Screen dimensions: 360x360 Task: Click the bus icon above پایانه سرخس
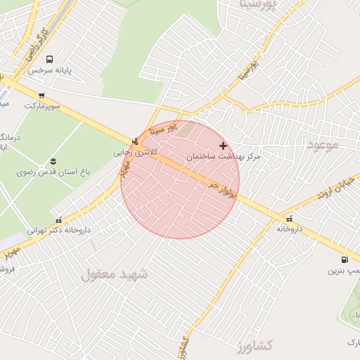49,60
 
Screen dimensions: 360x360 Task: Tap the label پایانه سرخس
51,71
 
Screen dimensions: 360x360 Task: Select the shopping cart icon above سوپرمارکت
42,95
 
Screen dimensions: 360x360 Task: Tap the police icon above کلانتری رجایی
135,141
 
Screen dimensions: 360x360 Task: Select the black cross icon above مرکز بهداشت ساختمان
224,146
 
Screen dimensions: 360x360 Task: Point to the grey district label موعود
323,144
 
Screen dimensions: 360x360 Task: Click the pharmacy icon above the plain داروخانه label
290,218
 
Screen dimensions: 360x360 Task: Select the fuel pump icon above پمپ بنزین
343,259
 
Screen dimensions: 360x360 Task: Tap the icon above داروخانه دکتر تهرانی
58,219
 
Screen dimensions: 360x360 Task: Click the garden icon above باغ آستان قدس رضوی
51,160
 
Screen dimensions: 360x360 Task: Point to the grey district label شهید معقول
115,274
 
